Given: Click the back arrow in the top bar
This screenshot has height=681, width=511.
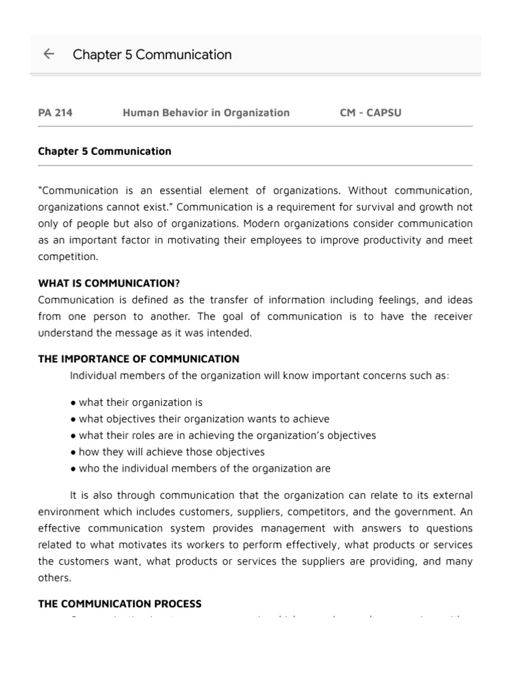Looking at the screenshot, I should click(49, 55).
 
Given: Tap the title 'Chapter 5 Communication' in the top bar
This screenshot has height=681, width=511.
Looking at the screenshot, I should click(152, 55).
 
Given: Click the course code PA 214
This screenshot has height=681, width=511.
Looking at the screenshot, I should click(55, 112).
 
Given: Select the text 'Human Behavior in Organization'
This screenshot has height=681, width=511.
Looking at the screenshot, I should click(206, 112).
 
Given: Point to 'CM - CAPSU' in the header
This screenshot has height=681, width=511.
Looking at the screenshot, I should click(370, 112).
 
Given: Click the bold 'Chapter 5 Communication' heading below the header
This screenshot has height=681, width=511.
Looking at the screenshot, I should click(104, 151).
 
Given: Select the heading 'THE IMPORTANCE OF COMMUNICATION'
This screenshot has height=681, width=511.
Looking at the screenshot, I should click(138, 359).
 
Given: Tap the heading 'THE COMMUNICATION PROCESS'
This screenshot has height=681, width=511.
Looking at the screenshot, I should click(120, 604).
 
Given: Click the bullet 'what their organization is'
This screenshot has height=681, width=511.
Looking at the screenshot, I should click(140, 402).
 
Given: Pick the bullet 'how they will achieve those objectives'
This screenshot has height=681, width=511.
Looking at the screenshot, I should click(171, 452).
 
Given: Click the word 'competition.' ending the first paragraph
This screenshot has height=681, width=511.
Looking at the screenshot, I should click(68, 256).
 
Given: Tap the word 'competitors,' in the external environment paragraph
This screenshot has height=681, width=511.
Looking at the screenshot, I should click(353, 511).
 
